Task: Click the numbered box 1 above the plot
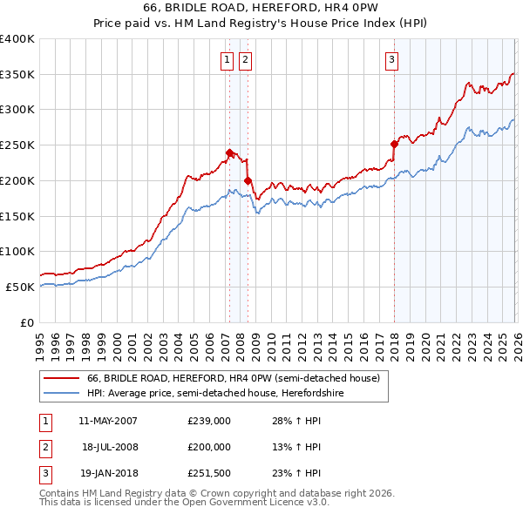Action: coord(227,60)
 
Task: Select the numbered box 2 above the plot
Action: coord(245,60)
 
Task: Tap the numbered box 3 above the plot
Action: coord(392,60)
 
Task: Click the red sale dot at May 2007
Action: coord(229,152)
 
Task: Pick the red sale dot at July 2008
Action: coord(248,180)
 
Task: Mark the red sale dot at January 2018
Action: coord(394,144)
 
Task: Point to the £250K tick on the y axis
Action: coord(17,145)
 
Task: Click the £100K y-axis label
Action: coord(17,251)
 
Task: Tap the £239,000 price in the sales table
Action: coord(209,421)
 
